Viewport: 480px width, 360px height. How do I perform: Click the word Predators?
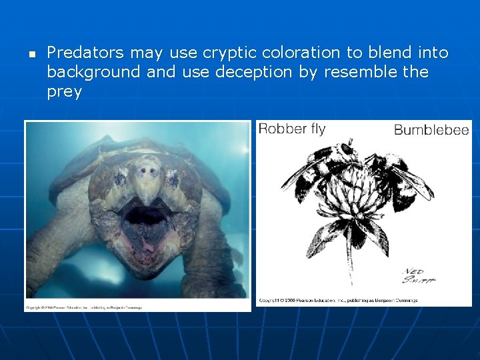[x=85, y=52]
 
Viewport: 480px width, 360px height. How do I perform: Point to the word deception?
[x=253, y=72]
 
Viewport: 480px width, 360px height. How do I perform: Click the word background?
[x=94, y=72]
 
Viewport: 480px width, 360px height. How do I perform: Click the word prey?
[x=64, y=92]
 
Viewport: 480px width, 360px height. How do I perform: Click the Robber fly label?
[x=291, y=129]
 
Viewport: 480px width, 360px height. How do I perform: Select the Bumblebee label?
[x=431, y=130]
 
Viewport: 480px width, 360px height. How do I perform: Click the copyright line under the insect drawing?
[x=338, y=301]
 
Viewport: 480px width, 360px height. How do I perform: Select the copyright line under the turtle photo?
[x=83, y=307]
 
